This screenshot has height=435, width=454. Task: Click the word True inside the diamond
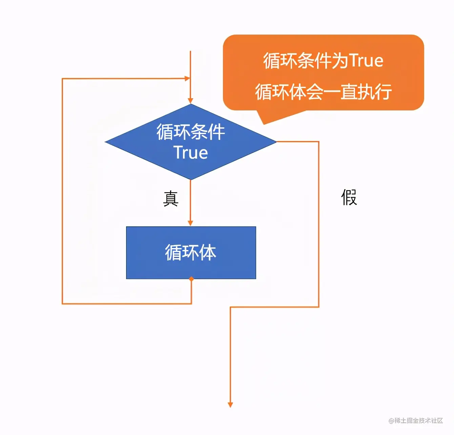(191, 152)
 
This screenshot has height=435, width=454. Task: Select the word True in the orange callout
(366, 61)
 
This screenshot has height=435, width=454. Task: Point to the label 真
(171, 199)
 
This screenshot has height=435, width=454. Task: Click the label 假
(349, 197)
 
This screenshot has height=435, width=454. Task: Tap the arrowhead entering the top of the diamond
(190, 101)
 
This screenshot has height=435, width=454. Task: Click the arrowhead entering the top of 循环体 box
(190, 223)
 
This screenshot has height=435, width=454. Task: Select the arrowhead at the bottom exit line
(230, 405)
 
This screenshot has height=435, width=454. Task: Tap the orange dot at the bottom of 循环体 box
(191, 279)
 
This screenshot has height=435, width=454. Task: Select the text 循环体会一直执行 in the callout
(323, 92)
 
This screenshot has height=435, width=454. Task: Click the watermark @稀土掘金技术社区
(416, 420)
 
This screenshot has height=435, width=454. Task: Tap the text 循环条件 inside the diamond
(191, 132)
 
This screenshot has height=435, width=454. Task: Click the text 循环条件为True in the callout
(323, 61)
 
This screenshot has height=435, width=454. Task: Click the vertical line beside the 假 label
(318, 224)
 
